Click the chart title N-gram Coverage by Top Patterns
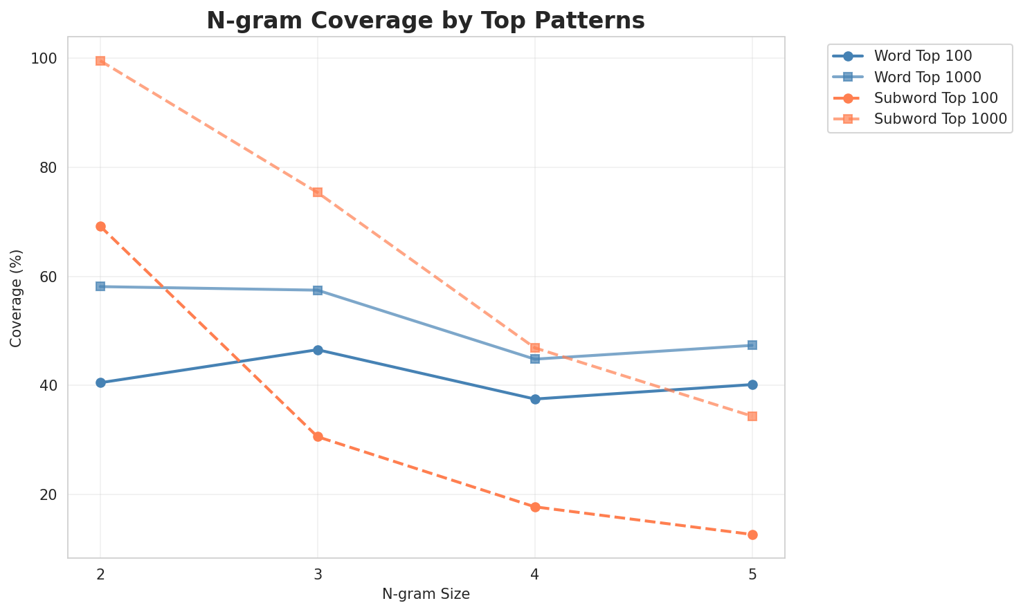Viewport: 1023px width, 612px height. (x=426, y=21)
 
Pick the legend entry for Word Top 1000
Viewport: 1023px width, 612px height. (x=927, y=77)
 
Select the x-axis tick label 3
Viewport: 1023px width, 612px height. (x=318, y=575)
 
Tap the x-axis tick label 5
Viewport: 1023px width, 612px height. (x=752, y=575)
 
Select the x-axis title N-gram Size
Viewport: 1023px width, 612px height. (x=426, y=594)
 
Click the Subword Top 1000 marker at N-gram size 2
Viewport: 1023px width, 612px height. (x=100, y=61)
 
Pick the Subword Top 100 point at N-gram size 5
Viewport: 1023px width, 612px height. (x=752, y=535)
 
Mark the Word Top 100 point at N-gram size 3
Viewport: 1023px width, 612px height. (x=318, y=350)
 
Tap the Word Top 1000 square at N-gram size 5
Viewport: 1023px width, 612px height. (x=752, y=345)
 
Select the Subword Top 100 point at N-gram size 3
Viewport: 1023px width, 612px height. (x=318, y=436)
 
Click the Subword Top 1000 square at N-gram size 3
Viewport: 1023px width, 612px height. (x=318, y=192)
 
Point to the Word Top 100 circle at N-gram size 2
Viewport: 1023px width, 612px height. (x=100, y=382)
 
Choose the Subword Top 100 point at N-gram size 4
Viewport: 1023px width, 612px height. (x=535, y=507)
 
